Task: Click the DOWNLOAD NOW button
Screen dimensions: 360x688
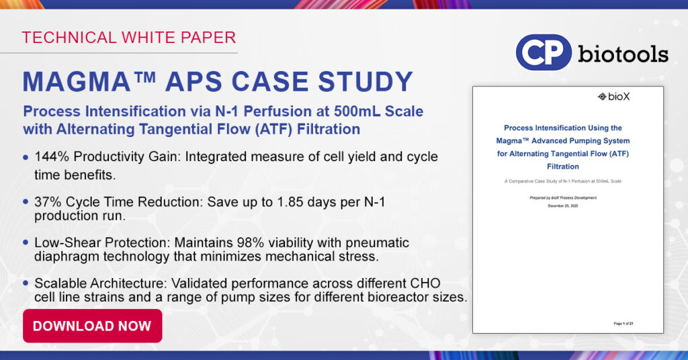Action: point(92,326)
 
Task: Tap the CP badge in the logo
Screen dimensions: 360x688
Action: point(544,52)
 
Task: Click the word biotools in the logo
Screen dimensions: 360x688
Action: point(623,53)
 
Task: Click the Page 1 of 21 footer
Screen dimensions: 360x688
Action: point(623,324)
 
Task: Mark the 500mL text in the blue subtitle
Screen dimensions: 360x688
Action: point(348,111)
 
